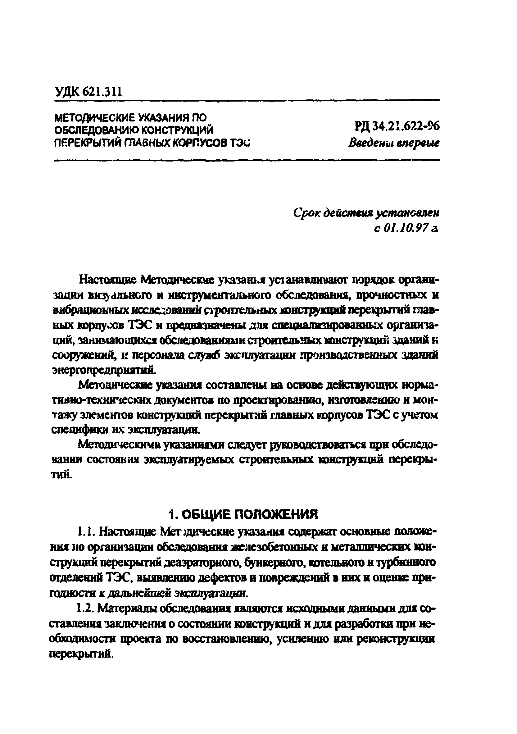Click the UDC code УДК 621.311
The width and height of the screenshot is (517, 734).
coord(88,92)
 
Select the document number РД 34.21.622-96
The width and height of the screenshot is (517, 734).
coord(397,127)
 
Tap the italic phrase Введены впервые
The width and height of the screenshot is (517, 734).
coord(394,143)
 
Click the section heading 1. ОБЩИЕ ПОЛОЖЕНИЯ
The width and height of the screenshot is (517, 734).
coord(243,514)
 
